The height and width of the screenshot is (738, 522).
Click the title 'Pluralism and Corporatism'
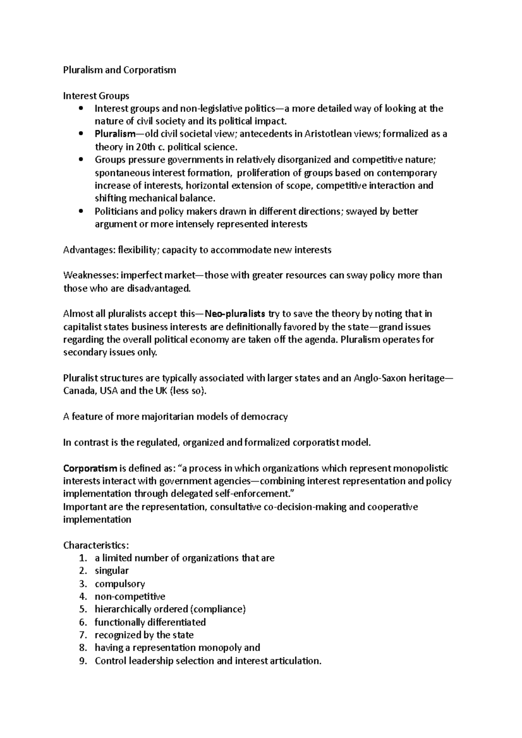(119, 70)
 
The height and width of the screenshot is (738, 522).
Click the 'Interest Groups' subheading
(96, 96)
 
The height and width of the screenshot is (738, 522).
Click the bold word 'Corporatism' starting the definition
(90, 469)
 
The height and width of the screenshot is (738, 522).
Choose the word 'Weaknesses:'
(91, 276)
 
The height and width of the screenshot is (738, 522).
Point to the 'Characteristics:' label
(96, 545)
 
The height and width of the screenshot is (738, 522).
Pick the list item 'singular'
(112, 571)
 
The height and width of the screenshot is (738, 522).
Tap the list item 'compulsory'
(120, 584)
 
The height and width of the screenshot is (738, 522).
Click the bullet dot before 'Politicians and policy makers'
(81, 212)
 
